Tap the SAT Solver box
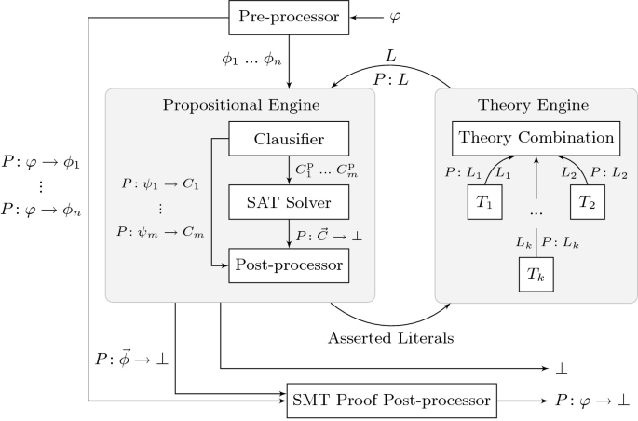pyautogui.click(x=289, y=203)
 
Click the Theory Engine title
pyautogui.click(x=536, y=104)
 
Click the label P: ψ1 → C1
pyautogui.click(x=160, y=183)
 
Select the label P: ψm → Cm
pyautogui.click(x=160, y=230)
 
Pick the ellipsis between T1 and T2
pyautogui.click(x=535, y=213)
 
